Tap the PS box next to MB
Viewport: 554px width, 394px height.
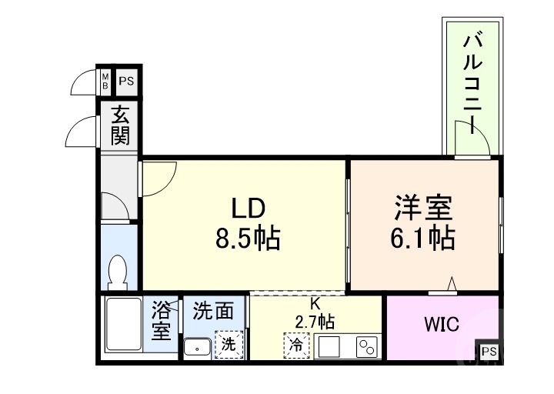tap(125, 79)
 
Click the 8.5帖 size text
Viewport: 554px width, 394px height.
tap(247, 239)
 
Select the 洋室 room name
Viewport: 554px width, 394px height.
tap(422, 206)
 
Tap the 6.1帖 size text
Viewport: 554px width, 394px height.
tap(422, 238)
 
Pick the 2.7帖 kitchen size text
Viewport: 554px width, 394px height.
tap(315, 321)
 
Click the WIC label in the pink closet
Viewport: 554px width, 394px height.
tap(442, 325)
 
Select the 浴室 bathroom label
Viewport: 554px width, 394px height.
tap(160, 322)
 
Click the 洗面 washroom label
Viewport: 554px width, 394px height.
tap(213, 311)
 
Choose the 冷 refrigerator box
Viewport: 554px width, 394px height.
tap(295, 346)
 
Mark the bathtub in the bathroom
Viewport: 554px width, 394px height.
tap(123, 324)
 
